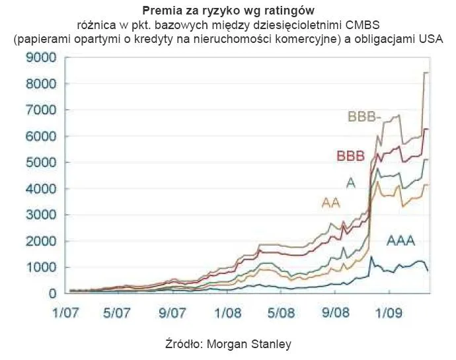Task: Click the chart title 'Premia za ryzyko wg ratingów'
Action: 227,11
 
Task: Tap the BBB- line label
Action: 365,118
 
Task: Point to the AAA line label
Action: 400,241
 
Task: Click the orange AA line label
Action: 330,203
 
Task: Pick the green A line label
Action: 351,183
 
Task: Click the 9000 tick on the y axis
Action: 42,58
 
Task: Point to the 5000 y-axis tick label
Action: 42,162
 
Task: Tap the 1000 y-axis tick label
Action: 42,268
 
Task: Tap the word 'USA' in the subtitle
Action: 430,40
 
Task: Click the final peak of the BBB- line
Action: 426,73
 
